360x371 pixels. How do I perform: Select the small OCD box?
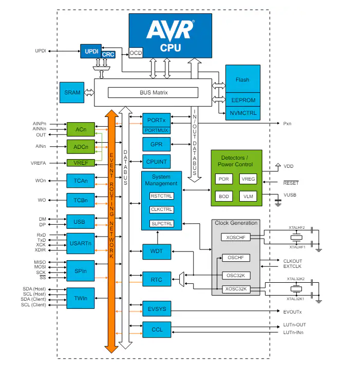pyautogui.click(x=136, y=53)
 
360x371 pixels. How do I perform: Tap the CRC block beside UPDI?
pyautogui.click(x=108, y=54)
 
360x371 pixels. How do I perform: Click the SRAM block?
pyautogui.click(x=72, y=92)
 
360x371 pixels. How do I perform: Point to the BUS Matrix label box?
pyautogui.click(x=153, y=92)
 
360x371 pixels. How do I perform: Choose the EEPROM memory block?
pyautogui.click(x=242, y=101)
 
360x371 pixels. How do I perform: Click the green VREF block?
pyautogui.click(x=81, y=163)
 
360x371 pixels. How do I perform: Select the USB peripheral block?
pyautogui.click(x=80, y=222)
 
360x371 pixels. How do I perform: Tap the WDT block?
pyautogui.click(x=156, y=251)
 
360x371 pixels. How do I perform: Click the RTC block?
pyautogui.click(x=156, y=280)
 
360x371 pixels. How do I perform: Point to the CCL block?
pyautogui.click(x=156, y=329)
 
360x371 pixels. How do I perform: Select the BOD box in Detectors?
pyautogui.click(x=224, y=196)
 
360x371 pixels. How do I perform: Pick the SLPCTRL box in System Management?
pyautogui.click(x=161, y=223)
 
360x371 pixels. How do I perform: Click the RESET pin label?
pyautogui.click(x=291, y=183)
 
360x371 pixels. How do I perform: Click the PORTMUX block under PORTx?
pyautogui.click(x=156, y=131)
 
